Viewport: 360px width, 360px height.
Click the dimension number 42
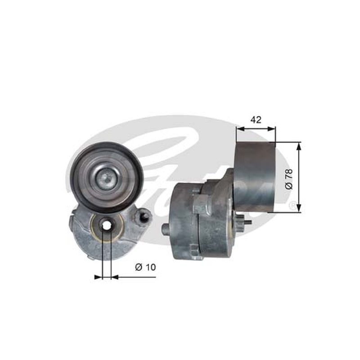click(x=256, y=120)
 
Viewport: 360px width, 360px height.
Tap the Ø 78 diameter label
click(x=289, y=179)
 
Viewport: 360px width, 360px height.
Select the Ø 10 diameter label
click(x=145, y=267)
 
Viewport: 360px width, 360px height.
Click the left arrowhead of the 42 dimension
click(x=240, y=129)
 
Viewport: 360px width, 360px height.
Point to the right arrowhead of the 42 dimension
click(x=271, y=129)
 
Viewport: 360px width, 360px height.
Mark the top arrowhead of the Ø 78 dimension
click(x=298, y=146)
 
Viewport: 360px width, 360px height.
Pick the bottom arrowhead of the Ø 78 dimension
click(x=298, y=208)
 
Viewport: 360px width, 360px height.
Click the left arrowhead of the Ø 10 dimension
click(x=98, y=277)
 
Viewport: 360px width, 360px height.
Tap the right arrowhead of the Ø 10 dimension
click(x=115, y=277)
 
